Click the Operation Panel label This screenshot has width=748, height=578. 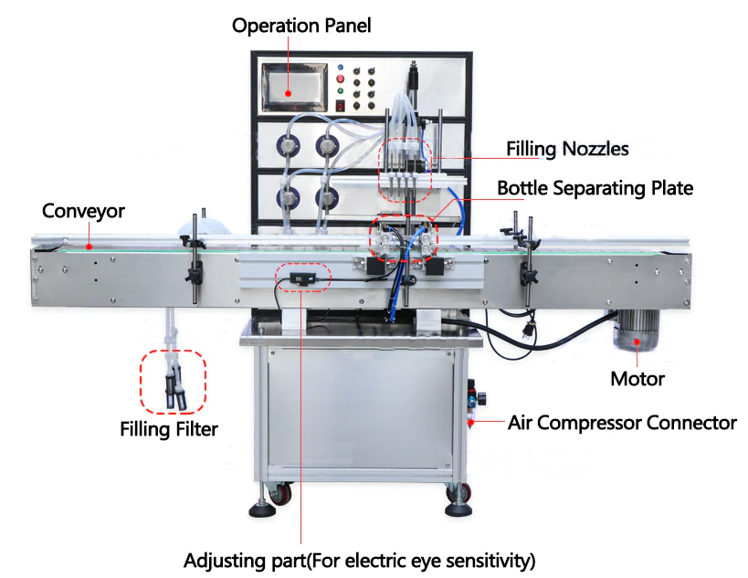coord(301,25)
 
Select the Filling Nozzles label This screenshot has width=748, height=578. coord(567,147)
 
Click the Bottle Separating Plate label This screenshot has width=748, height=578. coord(595,188)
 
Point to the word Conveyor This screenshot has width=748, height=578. coord(83,211)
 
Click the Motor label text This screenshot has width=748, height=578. coord(637,378)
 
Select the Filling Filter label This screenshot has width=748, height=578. coord(169,428)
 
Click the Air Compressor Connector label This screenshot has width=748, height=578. coord(621,423)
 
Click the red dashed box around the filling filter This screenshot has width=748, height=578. coord(173,382)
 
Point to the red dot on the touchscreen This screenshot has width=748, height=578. coord(288,92)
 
